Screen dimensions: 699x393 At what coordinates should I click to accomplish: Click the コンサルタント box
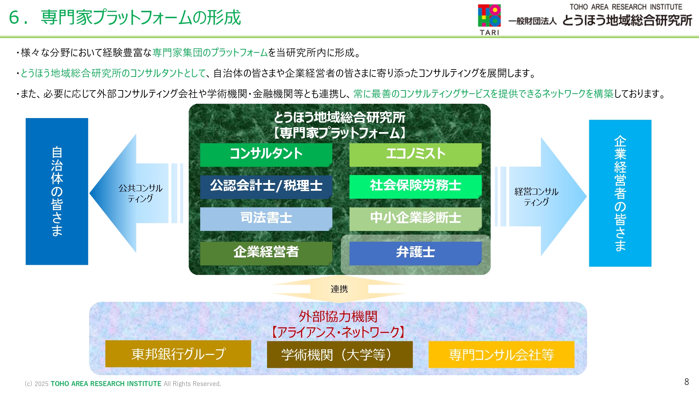point(266,154)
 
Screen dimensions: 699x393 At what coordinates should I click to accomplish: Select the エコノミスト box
point(416,154)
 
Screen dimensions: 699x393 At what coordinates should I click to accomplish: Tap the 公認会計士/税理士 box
point(266,187)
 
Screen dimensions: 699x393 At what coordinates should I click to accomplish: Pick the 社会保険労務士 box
point(416,187)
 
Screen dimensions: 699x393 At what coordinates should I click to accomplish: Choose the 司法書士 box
point(266,219)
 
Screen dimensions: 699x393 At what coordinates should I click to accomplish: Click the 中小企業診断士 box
point(416,219)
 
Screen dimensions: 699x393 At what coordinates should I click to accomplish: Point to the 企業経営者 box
point(266,253)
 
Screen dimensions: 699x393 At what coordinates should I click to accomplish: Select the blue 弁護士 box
point(416,253)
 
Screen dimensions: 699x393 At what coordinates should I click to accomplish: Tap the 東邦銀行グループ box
point(178,354)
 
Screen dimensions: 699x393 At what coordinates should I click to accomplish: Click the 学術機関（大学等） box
point(340,354)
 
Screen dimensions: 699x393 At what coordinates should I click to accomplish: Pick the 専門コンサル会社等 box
point(502,354)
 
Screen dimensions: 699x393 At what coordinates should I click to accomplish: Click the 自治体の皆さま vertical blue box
point(57,191)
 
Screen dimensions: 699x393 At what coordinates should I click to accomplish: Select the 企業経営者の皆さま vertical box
point(620,193)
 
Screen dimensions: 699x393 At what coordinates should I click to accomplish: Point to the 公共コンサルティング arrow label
point(140,193)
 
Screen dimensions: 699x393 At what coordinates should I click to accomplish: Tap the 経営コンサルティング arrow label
point(536,197)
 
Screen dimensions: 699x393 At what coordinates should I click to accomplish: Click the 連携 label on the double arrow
point(339,289)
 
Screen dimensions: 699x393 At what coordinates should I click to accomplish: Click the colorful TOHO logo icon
point(489,15)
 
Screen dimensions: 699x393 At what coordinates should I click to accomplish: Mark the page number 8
point(687,382)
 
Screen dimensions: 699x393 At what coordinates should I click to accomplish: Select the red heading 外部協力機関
point(338,316)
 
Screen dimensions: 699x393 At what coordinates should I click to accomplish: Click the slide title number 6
point(14,17)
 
